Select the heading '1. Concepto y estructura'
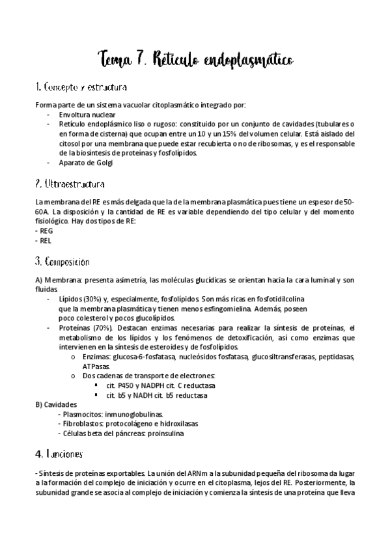(81, 87)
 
